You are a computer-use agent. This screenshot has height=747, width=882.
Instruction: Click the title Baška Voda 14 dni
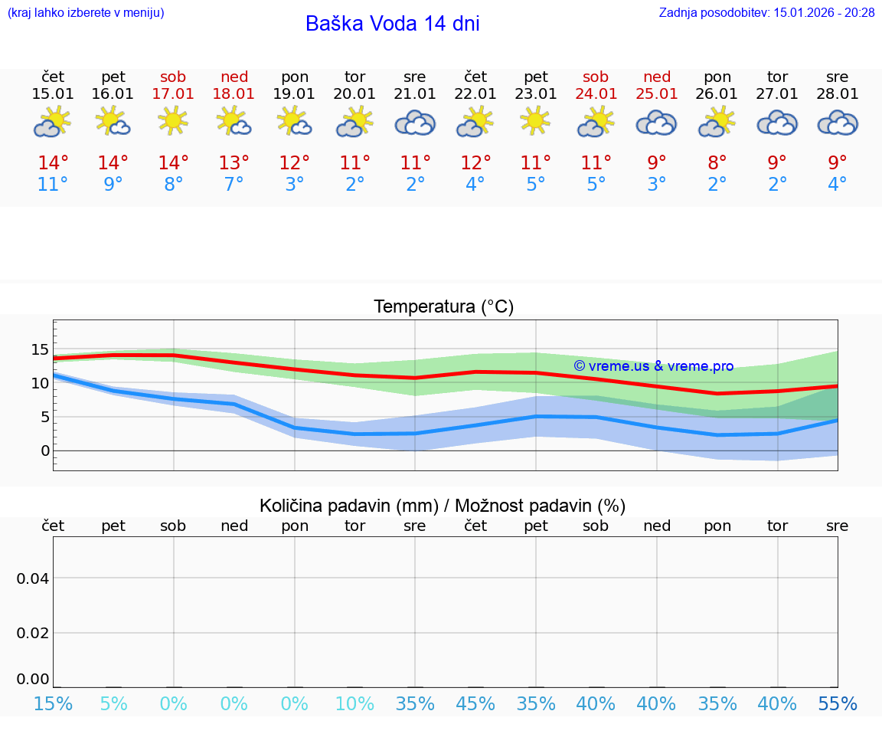[392, 24]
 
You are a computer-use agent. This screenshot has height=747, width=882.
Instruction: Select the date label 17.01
[174, 94]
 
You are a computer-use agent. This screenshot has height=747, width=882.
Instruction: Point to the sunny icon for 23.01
[535, 120]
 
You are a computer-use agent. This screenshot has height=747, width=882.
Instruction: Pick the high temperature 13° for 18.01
[234, 162]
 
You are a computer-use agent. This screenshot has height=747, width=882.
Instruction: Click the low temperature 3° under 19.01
[295, 185]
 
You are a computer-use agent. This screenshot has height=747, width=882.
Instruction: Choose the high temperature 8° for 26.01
[717, 162]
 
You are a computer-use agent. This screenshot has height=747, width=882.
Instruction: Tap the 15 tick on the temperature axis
[40, 350]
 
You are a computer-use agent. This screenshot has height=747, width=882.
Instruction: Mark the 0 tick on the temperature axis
[45, 450]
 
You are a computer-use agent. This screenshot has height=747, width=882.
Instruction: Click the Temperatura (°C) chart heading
[443, 307]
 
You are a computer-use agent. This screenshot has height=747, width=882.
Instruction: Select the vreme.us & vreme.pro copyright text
[653, 366]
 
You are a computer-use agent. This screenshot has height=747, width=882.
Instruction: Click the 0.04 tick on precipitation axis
[33, 578]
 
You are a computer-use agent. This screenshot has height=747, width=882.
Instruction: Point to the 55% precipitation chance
[838, 703]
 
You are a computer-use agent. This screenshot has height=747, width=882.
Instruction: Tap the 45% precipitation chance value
[475, 703]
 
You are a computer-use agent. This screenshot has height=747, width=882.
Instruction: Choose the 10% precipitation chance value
[354, 703]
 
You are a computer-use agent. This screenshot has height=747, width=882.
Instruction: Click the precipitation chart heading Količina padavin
[443, 506]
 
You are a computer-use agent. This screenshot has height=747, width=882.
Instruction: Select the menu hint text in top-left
[85, 12]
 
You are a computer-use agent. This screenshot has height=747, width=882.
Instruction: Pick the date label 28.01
[838, 94]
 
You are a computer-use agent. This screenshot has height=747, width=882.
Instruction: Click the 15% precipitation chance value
[53, 703]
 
